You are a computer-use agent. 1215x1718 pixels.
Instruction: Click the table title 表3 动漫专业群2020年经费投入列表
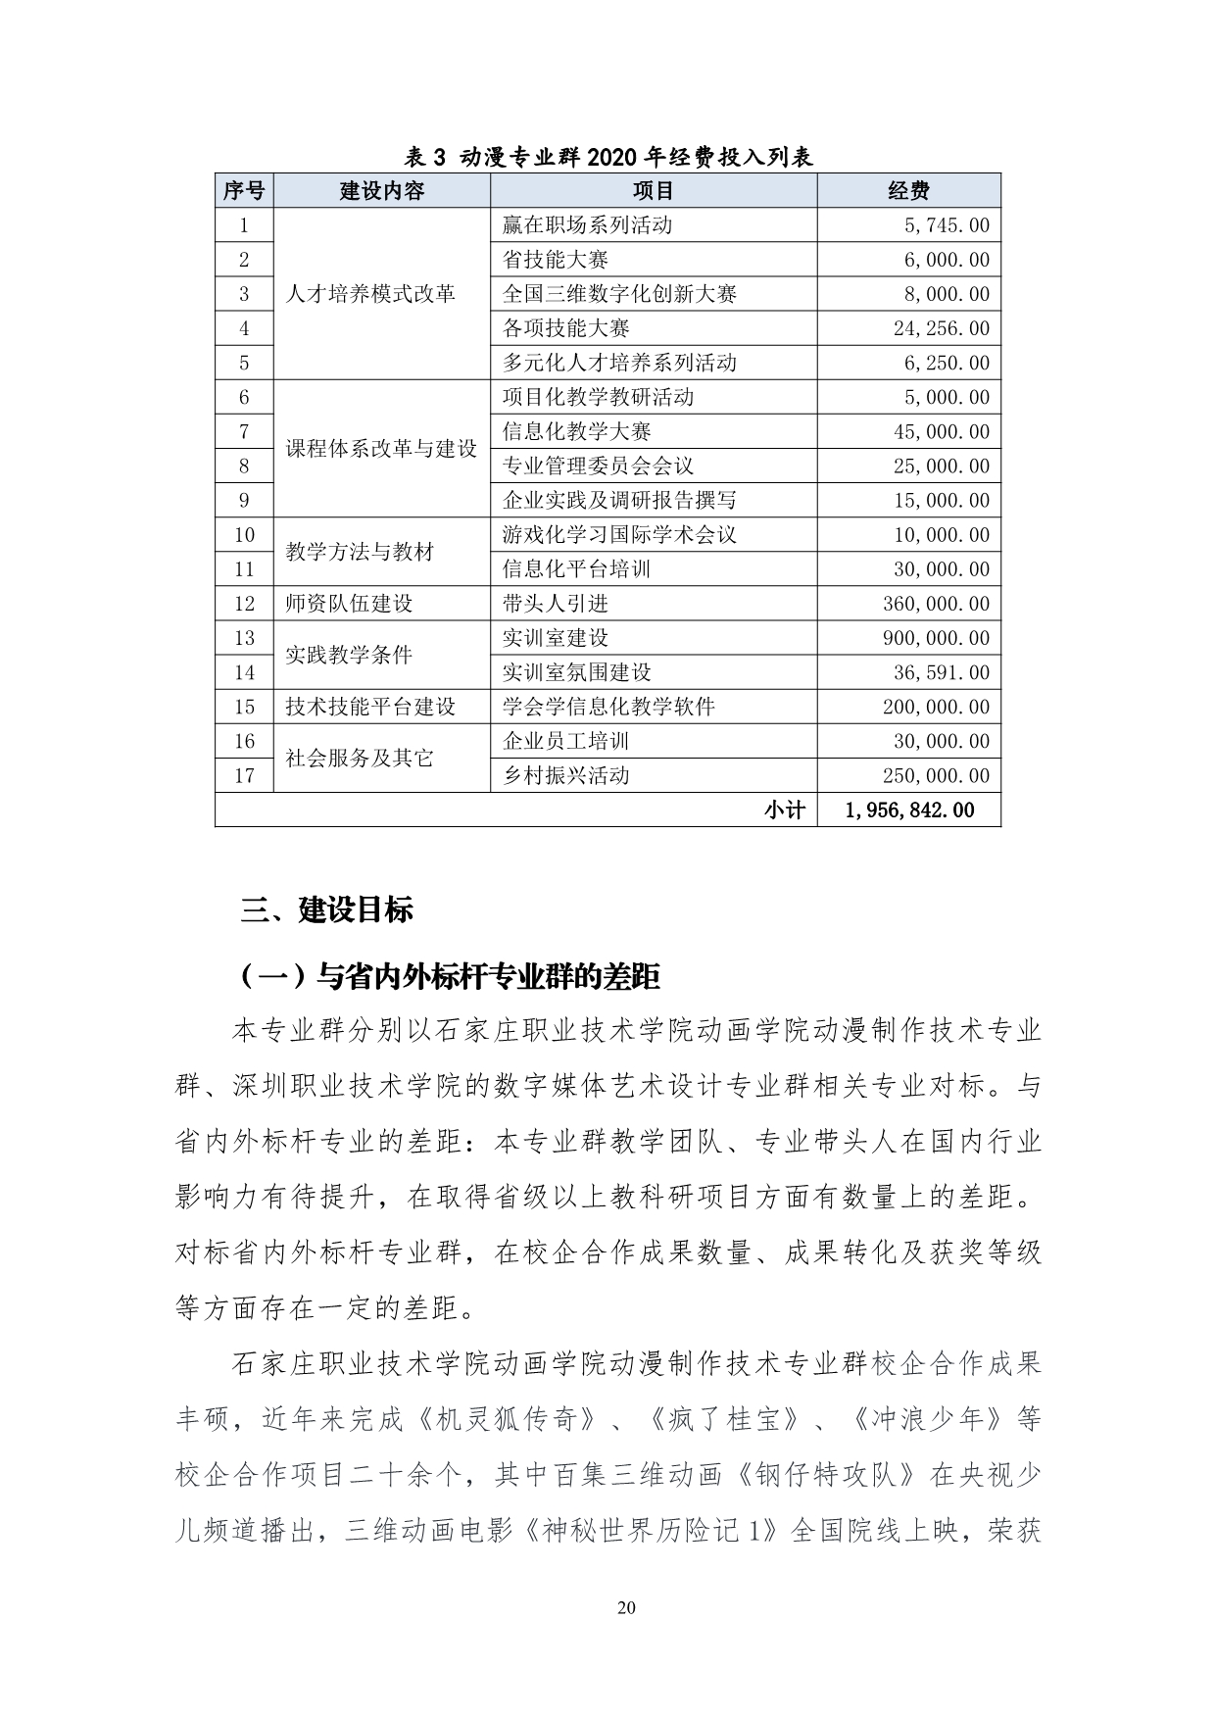(608, 157)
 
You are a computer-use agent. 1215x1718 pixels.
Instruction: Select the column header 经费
(908, 191)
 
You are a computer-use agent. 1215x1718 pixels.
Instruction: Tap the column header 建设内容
(382, 191)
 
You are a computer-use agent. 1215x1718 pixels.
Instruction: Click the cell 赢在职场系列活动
(587, 225)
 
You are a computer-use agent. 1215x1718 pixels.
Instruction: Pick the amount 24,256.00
(941, 328)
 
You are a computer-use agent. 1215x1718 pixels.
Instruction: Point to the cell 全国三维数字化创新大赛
(619, 294)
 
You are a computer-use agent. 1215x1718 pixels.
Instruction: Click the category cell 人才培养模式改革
(370, 294)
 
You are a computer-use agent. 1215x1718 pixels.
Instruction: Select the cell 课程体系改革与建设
(381, 449)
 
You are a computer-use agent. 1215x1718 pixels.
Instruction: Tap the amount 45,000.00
(941, 432)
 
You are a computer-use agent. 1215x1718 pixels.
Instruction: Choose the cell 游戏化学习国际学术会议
(619, 535)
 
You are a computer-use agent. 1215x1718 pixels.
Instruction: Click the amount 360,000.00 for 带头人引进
(936, 604)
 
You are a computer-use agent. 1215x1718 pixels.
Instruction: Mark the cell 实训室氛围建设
(576, 672)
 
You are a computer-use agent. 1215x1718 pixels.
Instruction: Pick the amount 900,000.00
(936, 638)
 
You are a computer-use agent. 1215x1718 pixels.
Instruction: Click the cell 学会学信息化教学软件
(608, 707)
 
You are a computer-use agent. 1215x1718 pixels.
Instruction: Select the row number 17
(244, 776)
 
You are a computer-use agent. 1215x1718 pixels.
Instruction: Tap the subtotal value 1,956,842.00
(908, 810)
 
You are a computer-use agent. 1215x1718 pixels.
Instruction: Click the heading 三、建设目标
(327, 910)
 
